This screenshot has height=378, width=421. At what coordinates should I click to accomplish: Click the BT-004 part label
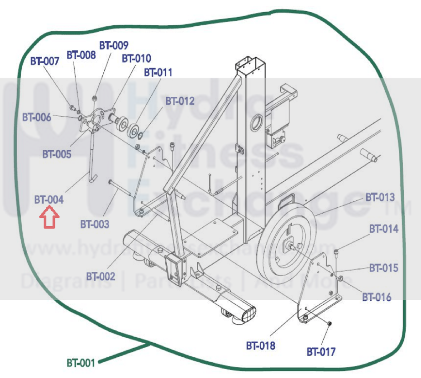click(49, 200)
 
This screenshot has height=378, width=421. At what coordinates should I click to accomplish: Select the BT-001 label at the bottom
click(81, 363)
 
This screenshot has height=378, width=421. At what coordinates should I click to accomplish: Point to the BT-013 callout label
click(380, 197)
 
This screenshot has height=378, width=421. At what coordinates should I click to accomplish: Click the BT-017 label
click(321, 352)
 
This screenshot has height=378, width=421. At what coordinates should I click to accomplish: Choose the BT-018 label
click(261, 346)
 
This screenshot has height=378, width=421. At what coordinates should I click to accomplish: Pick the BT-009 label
click(114, 45)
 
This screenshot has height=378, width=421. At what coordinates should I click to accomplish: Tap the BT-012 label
click(180, 101)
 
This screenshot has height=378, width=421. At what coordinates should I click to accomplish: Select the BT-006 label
click(37, 117)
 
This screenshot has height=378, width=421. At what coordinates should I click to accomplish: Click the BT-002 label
click(101, 276)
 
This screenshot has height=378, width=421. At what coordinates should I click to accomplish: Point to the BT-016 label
click(377, 297)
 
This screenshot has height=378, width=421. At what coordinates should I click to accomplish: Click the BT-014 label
click(384, 229)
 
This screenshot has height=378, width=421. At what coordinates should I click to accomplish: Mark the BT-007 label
click(45, 61)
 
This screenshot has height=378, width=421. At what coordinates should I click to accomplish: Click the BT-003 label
click(95, 224)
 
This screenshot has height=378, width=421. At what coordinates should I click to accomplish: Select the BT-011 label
click(158, 73)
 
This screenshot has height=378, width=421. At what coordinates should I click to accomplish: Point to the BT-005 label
click(57, 154)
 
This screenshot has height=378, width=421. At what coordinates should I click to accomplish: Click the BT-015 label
click(384, 268)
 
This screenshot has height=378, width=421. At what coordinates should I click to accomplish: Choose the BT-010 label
click(136, 58)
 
